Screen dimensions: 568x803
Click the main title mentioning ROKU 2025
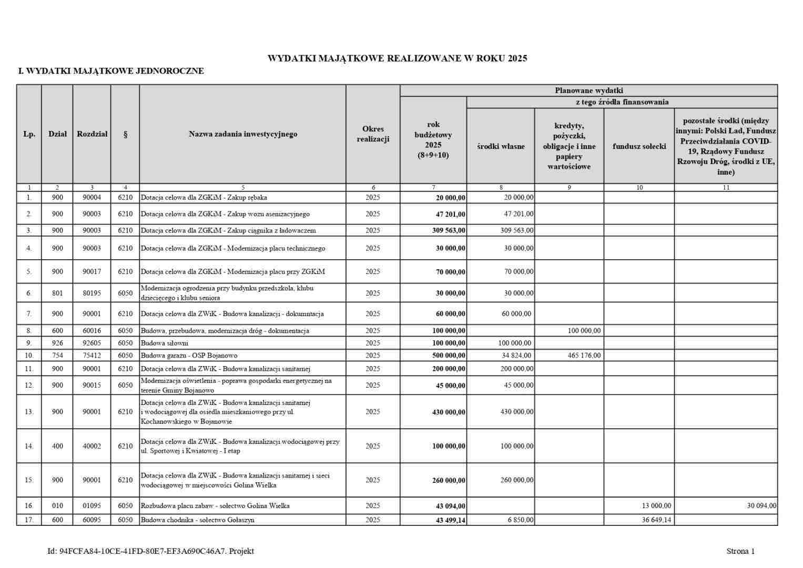[x=397, y=58]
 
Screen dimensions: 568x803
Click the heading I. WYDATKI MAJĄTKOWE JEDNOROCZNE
[x=111, y=71]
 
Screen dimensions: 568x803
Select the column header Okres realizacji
[x=373, y=134]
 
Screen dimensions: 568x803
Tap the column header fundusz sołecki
[x=639, y=146]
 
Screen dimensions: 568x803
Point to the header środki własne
[x=501, y=146]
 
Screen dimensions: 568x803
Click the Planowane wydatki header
[x=588, y=90]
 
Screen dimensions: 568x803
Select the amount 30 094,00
[x=761, y=506]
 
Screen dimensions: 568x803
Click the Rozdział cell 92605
[x=92, y=343]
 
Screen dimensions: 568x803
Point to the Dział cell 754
[x=57, y=356]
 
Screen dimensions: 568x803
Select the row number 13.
[x=29, y=412]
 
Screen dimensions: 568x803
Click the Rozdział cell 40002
[x=92, y=446]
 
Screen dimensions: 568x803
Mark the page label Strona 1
[x=740, y=551]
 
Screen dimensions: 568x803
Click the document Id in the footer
[x=150, y=551]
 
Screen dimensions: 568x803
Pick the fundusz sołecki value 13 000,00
[x=656, y=506]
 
